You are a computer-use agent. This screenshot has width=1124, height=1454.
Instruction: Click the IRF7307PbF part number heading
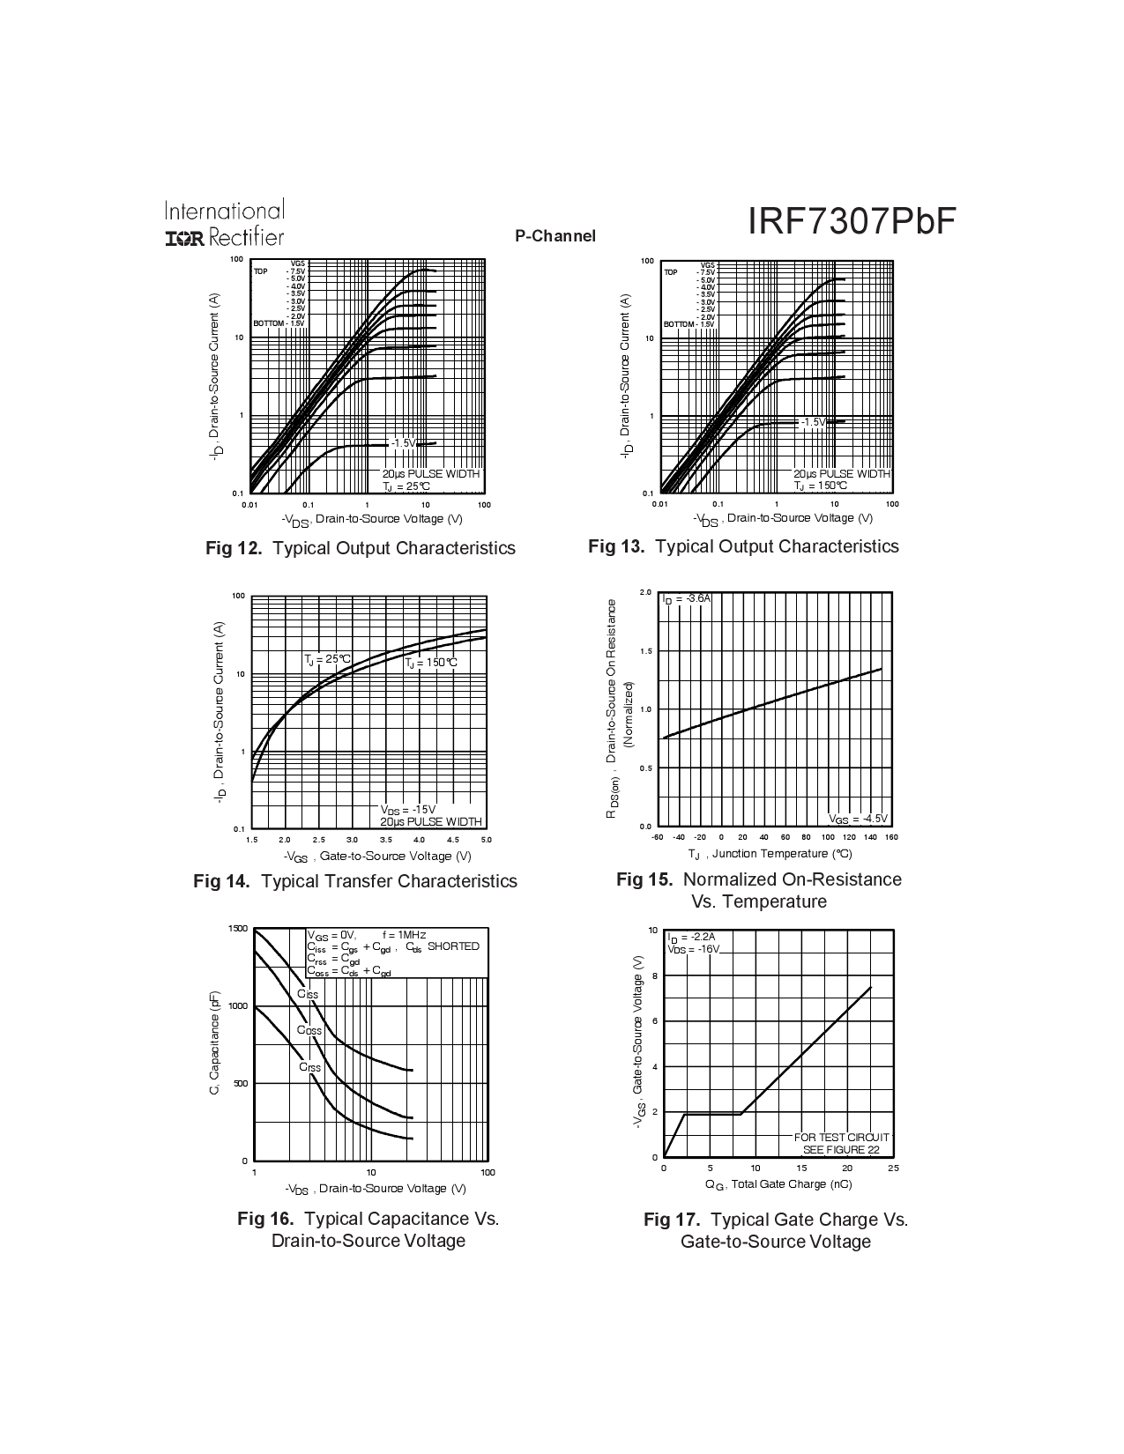(852, 222)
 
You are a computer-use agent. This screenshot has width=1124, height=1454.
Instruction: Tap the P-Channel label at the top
(555, 236)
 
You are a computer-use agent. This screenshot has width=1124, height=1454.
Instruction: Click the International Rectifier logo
(224, 224)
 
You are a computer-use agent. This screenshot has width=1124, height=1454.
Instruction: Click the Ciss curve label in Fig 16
(308, 993)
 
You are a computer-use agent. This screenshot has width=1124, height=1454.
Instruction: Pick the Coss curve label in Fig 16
(309, 1029)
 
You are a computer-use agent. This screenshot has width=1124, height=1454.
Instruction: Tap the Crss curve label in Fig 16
(309, 1067)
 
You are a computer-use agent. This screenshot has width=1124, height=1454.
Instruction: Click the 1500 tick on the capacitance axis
(238, 929)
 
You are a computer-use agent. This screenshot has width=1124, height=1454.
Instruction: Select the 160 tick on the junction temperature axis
(890, 837)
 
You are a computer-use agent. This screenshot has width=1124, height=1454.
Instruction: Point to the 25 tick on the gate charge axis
(893, 1168)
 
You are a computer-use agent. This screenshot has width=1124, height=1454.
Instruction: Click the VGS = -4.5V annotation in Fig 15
(859, 818)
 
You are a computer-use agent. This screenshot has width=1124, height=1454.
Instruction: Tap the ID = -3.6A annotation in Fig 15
(687, 598)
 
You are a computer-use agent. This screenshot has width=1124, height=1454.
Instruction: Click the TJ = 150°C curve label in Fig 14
(431, 663)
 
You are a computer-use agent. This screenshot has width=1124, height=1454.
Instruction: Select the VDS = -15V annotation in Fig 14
(408, 809)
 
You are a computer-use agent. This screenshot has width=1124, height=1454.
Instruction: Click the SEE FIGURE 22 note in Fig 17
(841, 1149)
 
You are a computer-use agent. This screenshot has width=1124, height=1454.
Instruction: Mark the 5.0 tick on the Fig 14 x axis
(486, 840)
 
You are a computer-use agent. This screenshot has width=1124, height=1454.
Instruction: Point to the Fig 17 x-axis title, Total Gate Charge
(778, 1184)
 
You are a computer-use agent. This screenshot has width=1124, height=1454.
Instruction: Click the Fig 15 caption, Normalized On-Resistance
(758, 879)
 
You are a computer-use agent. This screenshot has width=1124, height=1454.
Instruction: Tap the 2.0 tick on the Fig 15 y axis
(646, 592)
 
